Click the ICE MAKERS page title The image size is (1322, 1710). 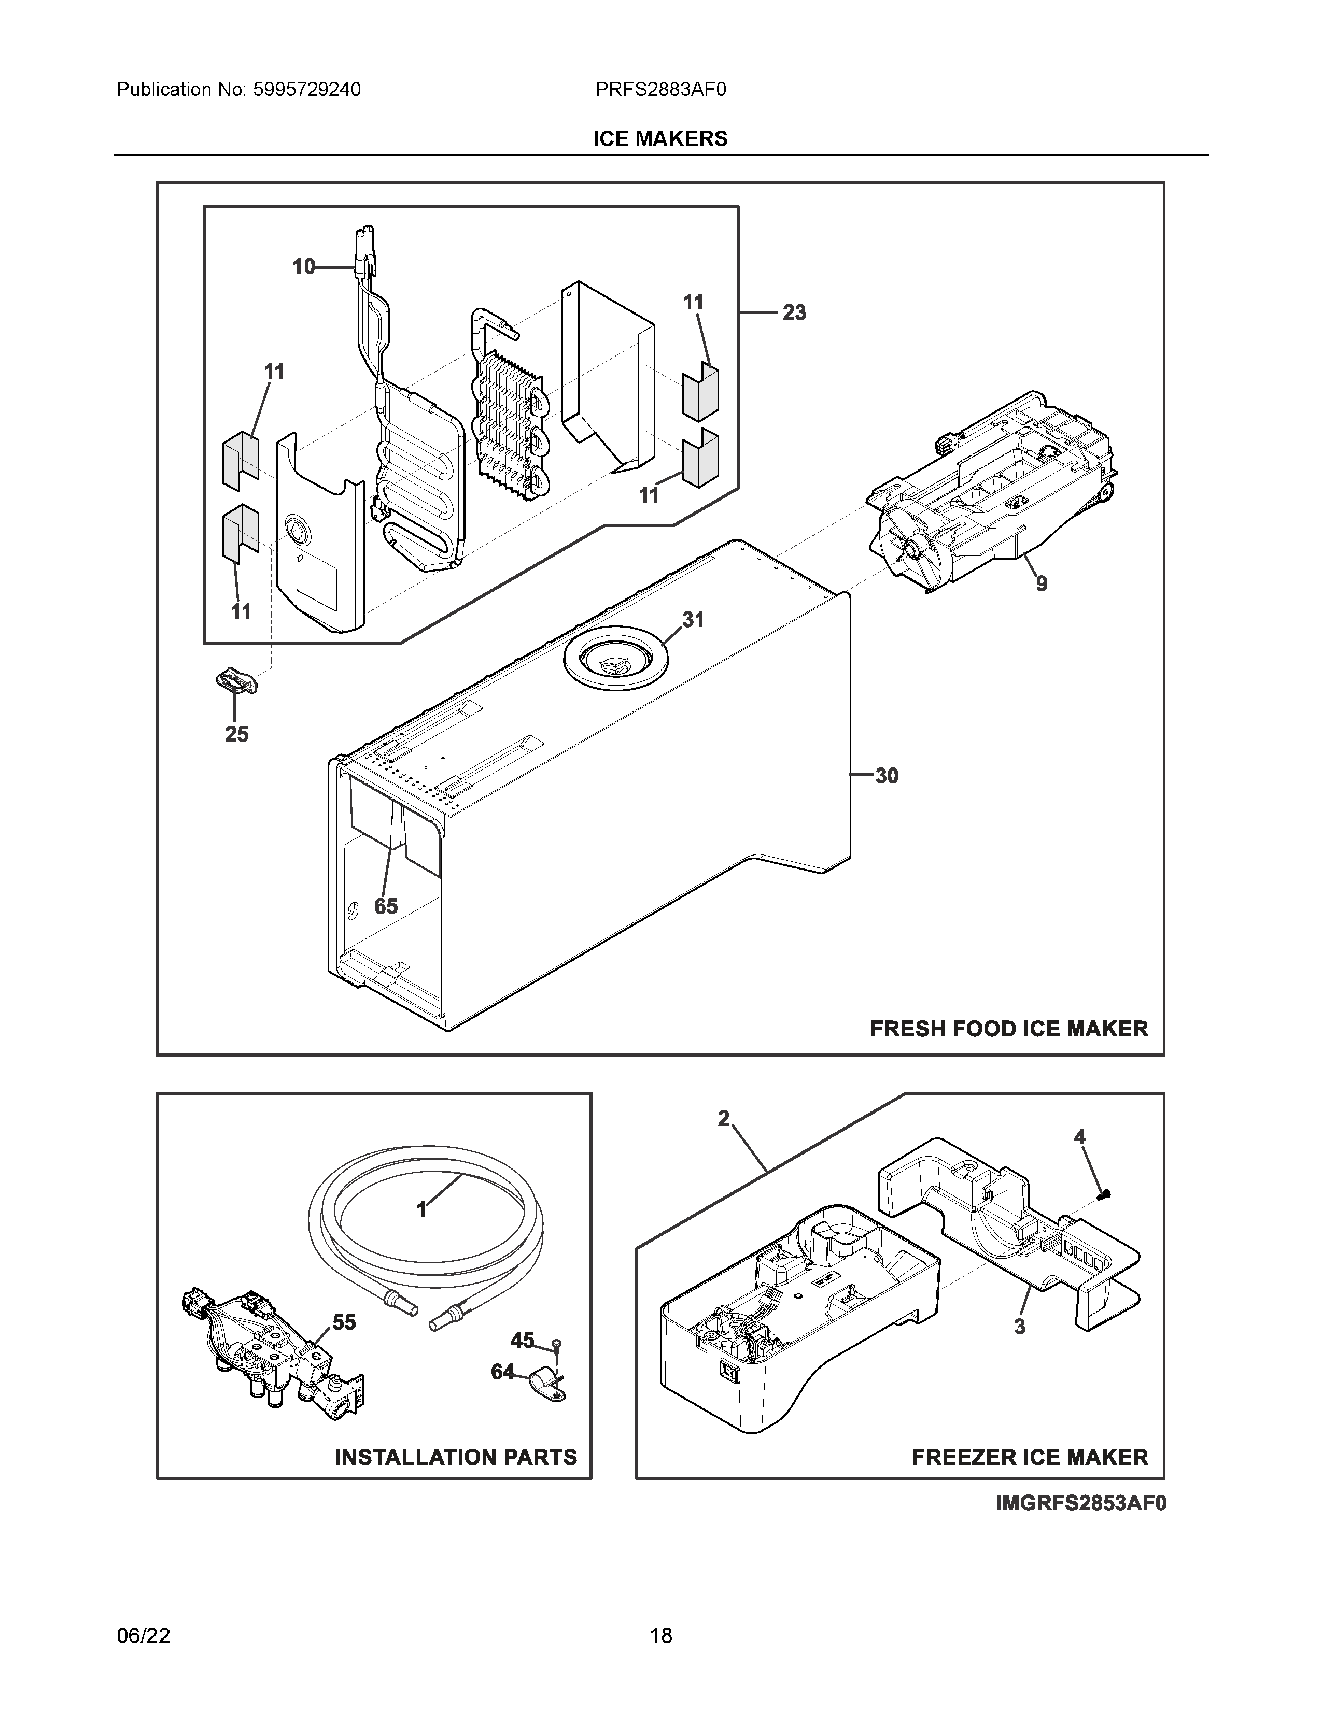659,138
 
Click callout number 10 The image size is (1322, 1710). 303,267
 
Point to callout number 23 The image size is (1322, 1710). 794,313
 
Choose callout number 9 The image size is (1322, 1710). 1041,584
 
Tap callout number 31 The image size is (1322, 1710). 692,620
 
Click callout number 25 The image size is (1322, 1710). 236,734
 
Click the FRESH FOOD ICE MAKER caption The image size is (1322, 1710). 1009,1028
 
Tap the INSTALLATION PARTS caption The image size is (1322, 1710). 456,1457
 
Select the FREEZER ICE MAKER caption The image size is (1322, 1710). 1030,1457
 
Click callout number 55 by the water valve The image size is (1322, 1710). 344,1322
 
